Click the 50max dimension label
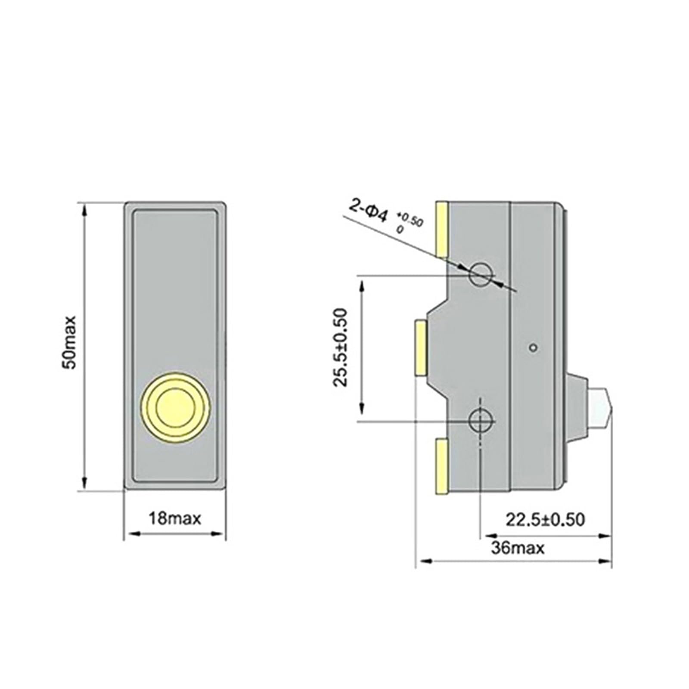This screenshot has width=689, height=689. [69, 342]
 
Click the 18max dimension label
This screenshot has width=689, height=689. [175, 518]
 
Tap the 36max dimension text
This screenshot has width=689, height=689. [518, 548]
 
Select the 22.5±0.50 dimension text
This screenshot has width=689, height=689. [545, 520]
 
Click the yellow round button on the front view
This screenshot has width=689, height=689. [175, 406]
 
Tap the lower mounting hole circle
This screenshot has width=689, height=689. [481, 421]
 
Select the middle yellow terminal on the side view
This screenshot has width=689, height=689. [420, 348]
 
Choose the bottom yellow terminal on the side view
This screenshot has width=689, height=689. [442, 466]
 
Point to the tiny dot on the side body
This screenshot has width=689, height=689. [534, 347]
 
